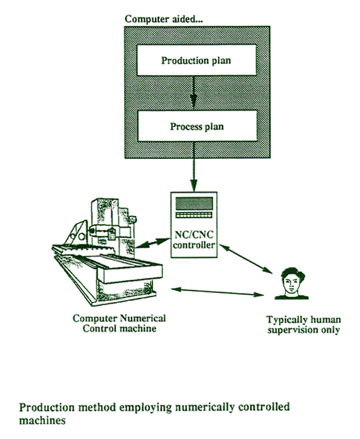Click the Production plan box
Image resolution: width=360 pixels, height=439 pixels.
click(x=196, y=60)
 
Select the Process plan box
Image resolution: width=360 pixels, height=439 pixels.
click(x=197, y=126)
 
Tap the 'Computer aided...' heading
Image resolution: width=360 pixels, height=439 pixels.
click(x=164, y=19)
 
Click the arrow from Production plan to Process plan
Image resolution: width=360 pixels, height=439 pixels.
click(x=193, y=93)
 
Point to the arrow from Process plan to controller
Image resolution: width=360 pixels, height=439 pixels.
click(x=194, y=167)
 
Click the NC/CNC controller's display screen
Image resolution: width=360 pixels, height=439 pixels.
click(x=194, y=203)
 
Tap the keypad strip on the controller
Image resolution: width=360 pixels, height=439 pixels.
click(x=194, y=215)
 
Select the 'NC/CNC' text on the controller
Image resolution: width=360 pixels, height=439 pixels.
click(x=194, y=234)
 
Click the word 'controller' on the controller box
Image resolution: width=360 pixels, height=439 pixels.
click(x=194, y=245)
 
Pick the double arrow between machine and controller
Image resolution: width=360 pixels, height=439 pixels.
click(x=153, y=243)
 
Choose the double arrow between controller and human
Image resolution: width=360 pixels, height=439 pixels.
click(x=246, y=258)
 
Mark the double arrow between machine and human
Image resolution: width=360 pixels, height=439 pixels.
click(x=217, y=292)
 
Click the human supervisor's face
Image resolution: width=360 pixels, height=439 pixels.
click(x=291, y=283)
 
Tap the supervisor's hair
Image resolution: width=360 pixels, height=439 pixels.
click(x=293, y=272)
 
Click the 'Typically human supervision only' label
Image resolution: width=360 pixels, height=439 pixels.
click(x=304, y=325)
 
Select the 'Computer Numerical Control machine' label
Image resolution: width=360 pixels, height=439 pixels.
click(x=119, y=323)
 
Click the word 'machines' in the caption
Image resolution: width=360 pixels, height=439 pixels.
click(x=43, y=420)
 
